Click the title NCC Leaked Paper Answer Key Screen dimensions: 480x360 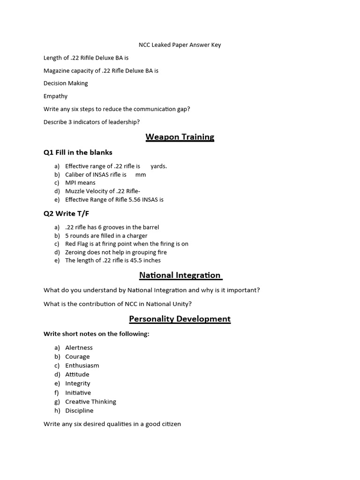click(x=180, y=45)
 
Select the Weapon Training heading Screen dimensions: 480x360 click(x=180, y=137)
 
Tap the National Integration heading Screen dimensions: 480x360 click(x=180, y=275)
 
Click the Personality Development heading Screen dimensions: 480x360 click(x=180, y=319)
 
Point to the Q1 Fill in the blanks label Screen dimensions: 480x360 click(x=78, y=152)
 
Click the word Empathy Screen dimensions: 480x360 click(x=55, y=96)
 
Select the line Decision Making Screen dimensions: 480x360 click(x=66, y=83)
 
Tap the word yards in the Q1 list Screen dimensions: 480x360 click(x=158, y=166)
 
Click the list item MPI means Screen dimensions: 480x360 click(x=80, y=183)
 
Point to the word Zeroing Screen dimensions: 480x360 click(x=76, y=252)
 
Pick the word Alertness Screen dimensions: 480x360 click(x=79, y=348)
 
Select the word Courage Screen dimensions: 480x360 click(x=77, y=357)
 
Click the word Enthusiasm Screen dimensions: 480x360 click(x=82, y=366)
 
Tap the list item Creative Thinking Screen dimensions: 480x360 click(x=90, y=402)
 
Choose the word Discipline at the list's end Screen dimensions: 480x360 click(x=79, y=411)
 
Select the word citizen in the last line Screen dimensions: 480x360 click(x=170, y=424)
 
